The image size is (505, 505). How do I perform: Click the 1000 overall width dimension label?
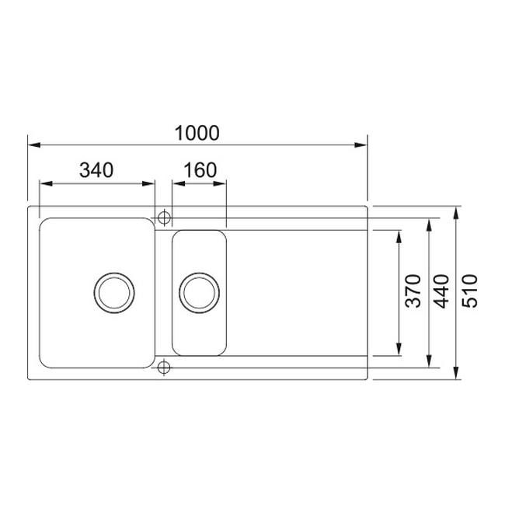[197, 133]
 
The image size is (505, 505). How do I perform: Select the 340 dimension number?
[96, 169]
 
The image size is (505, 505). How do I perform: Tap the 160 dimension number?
[200, 169]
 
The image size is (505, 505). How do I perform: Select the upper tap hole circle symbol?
[164, 217]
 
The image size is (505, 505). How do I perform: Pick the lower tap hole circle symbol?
[164, 367]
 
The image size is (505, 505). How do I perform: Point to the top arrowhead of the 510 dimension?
[456, 211]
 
